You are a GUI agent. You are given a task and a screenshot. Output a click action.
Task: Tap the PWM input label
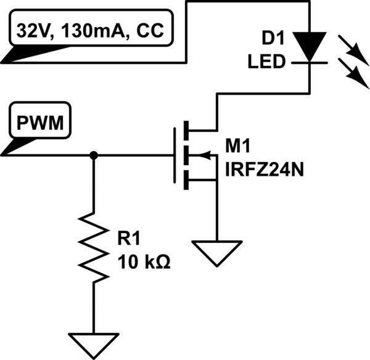(x=39, y=124)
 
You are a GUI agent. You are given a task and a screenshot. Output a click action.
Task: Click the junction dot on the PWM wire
(x=94, y=155)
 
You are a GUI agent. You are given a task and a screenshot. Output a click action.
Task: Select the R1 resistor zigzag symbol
(x=94, y=247)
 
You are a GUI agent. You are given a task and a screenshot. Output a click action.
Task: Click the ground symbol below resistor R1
(x=94, y=343)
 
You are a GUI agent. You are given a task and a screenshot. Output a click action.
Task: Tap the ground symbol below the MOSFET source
(x=215, y=252)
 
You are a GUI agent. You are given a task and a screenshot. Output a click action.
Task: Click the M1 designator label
(x=237, y=146)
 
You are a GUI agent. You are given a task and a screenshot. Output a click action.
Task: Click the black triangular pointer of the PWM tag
(x=11, y=147)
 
